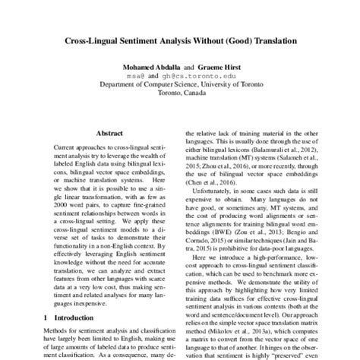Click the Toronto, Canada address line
tap(179, 95)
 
